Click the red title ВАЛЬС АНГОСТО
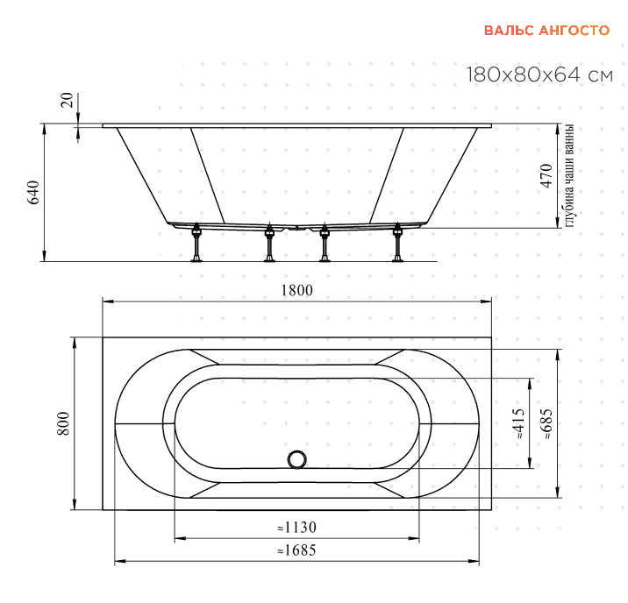(546, 31)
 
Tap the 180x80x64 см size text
(539, 74)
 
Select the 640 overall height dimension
(32, 193)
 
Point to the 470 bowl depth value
(546, 175)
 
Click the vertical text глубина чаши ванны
(569, 175)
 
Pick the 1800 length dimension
(296, 290)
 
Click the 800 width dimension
(64, 423)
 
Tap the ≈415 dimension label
(518, 423)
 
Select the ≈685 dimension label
(546, 423)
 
